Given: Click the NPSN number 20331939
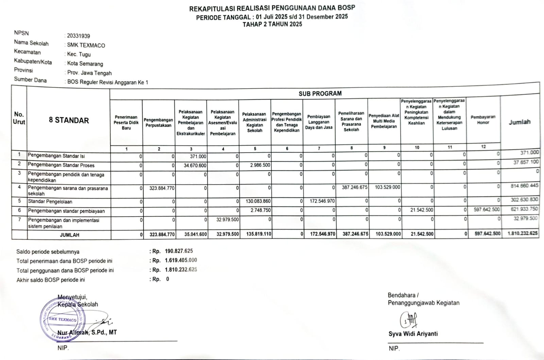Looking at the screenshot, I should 79,36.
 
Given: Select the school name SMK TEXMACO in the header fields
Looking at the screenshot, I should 86,45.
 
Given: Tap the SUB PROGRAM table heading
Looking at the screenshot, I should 320,93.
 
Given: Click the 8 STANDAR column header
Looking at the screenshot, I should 69,120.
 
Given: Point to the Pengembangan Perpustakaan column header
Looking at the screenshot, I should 158,123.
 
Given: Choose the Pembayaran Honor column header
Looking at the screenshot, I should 483,120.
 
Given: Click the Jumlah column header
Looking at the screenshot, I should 520,122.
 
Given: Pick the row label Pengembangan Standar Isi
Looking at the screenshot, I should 56,156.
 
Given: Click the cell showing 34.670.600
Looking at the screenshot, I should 195,166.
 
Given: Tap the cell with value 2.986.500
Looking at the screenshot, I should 260,165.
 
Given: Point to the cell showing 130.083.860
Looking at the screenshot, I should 258,201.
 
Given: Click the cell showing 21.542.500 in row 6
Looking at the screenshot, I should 422,210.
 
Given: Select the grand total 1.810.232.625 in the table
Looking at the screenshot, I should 523,234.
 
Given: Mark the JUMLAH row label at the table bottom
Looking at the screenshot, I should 69,235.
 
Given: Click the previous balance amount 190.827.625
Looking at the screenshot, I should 179,251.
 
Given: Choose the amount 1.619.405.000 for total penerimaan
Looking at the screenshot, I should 181,260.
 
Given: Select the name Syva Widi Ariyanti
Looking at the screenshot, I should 413,334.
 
